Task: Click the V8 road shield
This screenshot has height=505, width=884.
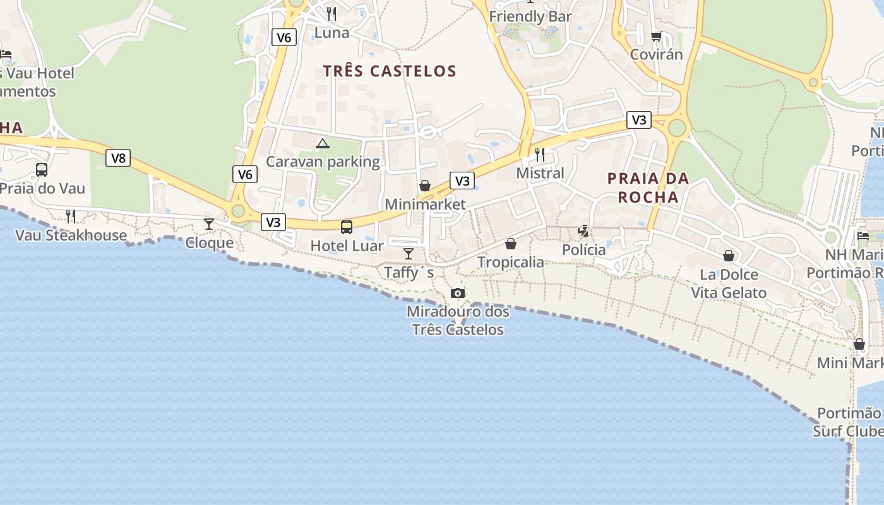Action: coord(118,158)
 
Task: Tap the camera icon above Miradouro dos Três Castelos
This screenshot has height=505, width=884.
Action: coord(458,294)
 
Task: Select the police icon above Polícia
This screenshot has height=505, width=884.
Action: coord(583,231)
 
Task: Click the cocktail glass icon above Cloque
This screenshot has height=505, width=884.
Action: coord(209,224)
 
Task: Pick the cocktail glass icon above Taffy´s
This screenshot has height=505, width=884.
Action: coord(409,254)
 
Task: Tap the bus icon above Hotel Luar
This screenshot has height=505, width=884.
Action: coord(347,227)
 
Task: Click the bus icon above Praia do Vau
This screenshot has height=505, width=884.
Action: coord(42,170)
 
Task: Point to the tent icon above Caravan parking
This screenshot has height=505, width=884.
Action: coord(323,144)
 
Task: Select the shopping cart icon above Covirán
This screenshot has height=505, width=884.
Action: coord(656,36)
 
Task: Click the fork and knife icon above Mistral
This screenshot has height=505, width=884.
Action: coord(540,154)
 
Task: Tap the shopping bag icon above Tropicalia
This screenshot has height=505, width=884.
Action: coord(511,244)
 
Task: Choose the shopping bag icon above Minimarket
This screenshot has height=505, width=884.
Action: coord(425,186)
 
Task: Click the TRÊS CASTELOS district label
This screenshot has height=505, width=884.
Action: coord(390,71)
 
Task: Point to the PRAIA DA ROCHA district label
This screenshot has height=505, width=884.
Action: coord(648,187)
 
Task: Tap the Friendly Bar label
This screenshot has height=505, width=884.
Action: coord(530,16)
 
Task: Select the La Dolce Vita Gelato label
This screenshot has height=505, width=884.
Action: coord(729,283)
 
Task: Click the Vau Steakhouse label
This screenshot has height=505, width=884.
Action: coord(71,235)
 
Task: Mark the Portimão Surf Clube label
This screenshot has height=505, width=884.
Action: coord(848,422)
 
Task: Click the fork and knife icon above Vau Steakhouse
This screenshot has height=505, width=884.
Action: coord(71,217)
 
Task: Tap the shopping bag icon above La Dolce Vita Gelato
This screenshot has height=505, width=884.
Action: coord(729,256)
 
